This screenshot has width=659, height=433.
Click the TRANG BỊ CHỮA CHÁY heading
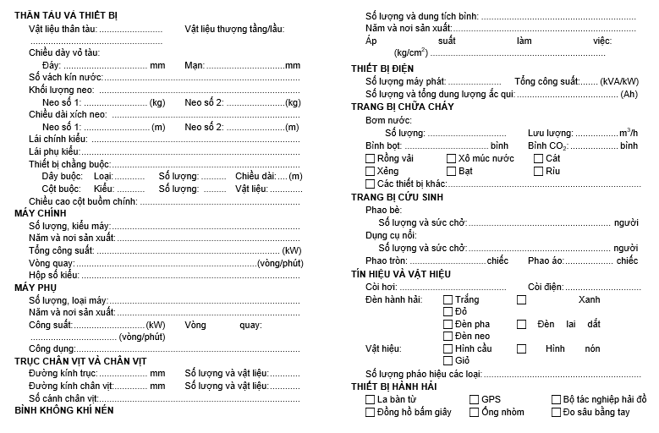pyautogui.click(x=402, y=107)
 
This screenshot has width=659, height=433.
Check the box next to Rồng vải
pyautogui.click(x=371, y=158)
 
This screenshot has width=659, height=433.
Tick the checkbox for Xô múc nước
pyautogui.click(x=452, y=158)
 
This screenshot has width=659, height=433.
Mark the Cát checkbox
pyautogui.click(x=538, y=158)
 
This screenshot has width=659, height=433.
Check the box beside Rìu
pyautogui.click(x=538, y=171)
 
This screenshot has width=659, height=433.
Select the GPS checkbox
pyautogui.click(x=475, y=399)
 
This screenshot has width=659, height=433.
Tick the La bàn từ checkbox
pyautogui.click(x=371, y=399)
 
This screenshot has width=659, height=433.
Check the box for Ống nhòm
pyautogui.click(x=475, y=412)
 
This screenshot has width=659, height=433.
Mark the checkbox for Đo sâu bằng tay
pyautogui.click(x=556, y=412)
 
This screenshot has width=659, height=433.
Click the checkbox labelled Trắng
pyautogui.click(x=448, y=299)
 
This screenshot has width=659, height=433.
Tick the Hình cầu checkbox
pyautogui.click(x=448, y=348)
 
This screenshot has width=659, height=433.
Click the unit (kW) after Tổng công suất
pyautogui.click(x=292, y=250)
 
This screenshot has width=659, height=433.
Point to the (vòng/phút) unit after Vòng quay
pyautogui.click(x=280, y=263)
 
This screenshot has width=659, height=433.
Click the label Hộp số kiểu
pyautogui.click(x=53, y=276)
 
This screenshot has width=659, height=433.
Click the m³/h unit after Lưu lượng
pyautogui.click(x=629, y=133)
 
